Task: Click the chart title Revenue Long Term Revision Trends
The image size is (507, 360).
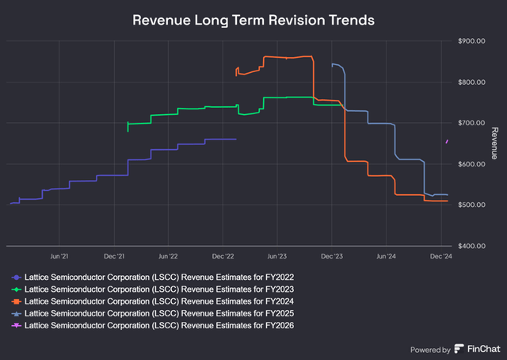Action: click(253, 19)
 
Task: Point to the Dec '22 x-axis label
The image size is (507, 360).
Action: click(223, 257)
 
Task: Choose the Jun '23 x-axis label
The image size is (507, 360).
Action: click(277, 257)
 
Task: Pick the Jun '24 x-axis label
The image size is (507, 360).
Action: click(386, 257)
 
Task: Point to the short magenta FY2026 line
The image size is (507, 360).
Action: click(448, 141)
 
